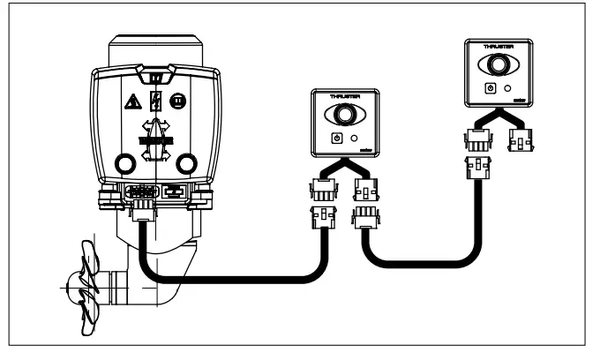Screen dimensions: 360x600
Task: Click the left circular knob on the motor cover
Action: coord(124,163)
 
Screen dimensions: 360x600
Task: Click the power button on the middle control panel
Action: coord(334,139)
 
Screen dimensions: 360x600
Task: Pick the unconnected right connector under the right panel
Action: coord(521,138)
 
